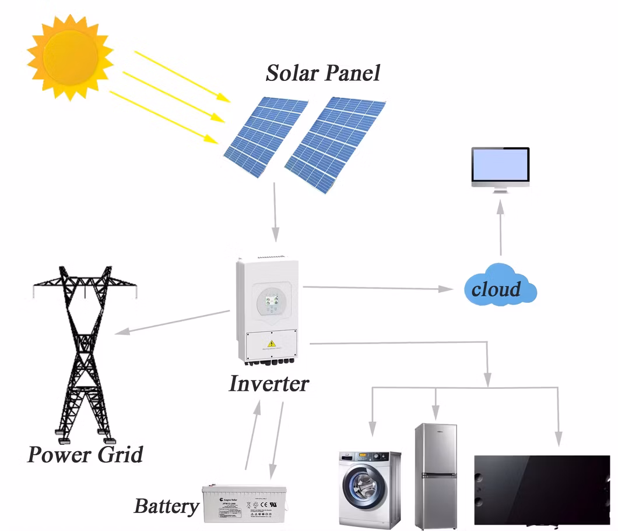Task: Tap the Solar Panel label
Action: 322,73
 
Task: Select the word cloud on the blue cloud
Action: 496,289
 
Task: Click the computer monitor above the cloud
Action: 500,167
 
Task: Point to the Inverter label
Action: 268,384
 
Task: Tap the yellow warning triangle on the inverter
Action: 272,344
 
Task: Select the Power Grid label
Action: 85,454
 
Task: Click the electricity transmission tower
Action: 85,349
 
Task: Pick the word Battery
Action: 166,506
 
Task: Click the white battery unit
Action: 244,503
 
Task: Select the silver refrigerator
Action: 436,475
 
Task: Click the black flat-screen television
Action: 542,489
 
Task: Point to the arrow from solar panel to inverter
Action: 275,213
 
